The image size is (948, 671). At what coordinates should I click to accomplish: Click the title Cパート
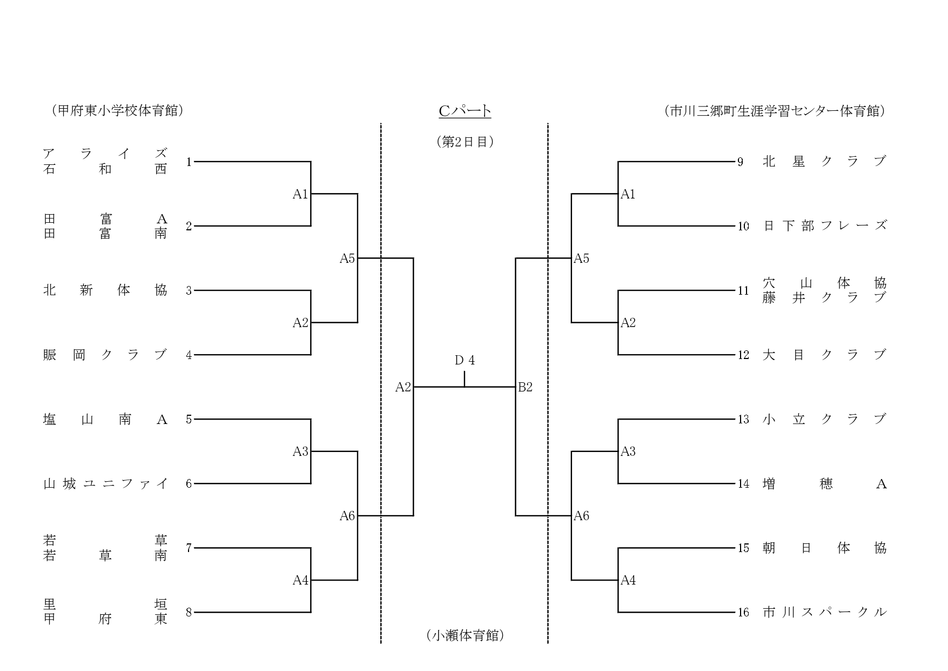465,111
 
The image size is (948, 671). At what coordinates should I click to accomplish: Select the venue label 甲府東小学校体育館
117,111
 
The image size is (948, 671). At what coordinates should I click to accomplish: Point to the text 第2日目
465,142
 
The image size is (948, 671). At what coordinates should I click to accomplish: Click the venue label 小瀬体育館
465,635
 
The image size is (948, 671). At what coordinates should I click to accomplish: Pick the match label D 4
465,361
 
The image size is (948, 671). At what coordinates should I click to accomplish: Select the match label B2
525,387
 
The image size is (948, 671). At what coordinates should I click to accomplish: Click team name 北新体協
105,290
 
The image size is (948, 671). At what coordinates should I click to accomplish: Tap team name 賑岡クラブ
105,355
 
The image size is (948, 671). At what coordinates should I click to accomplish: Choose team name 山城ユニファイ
105,483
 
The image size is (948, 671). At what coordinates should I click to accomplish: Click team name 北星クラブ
824,161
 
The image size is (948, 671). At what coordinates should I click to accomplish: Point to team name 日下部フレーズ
824,226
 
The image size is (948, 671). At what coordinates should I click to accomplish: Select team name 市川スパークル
824,612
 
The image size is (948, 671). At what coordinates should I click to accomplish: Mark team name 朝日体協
824,548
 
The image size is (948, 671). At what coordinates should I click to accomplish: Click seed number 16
744,613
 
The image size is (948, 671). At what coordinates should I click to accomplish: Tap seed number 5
189,419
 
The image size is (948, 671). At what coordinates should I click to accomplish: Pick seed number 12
744,355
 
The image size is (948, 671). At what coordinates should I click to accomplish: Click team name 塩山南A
105,419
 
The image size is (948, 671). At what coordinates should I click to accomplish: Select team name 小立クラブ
824,419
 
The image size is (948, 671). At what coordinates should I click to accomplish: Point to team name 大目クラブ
824,355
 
